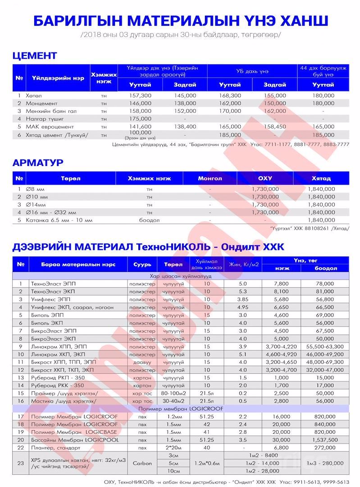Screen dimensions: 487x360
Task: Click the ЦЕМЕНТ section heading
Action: point(35,56)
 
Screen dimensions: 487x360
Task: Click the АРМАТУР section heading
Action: point(38,162)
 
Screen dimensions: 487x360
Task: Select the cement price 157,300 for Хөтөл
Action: point(140,96)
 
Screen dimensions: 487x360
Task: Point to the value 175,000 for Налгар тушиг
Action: point(140,119)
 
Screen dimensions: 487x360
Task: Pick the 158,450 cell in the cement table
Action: point(274,127)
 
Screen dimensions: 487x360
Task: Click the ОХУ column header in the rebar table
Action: point(264,178)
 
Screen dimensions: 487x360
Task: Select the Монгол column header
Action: point(210,178)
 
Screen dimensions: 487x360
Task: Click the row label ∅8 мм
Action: point(39,189)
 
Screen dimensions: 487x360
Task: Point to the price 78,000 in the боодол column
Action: point(325,284)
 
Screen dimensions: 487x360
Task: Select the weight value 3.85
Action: point(243,299)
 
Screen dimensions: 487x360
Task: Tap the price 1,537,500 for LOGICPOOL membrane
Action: point(325,439)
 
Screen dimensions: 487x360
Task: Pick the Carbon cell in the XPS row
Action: point(142,463)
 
